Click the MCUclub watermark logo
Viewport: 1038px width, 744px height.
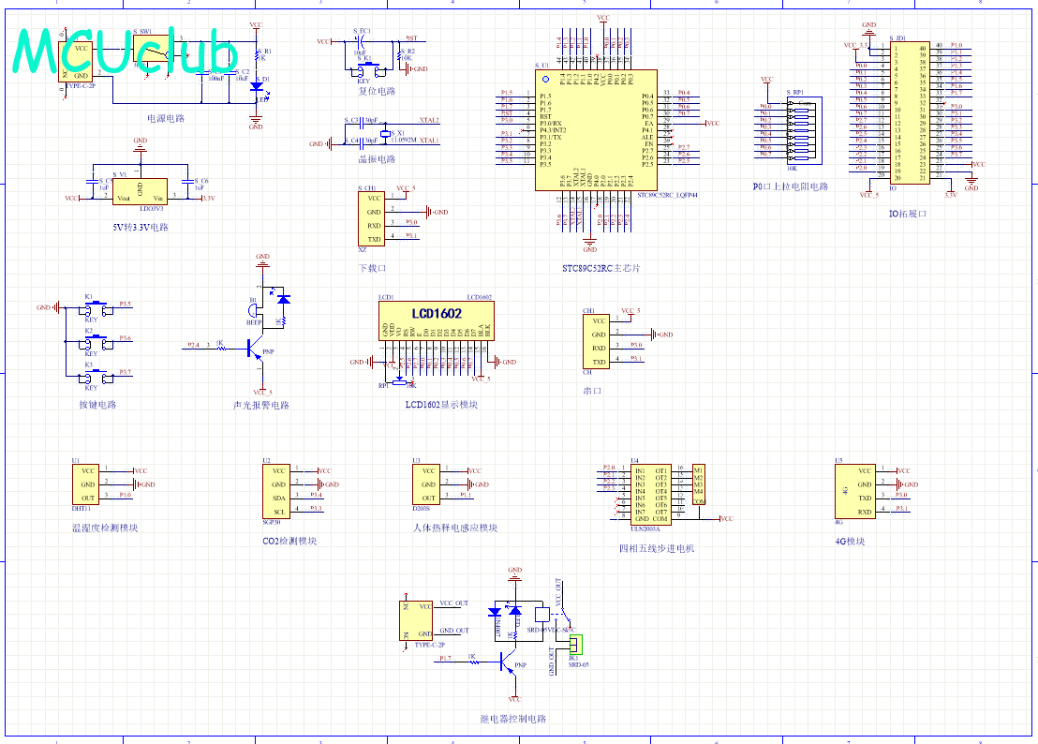point(126,52)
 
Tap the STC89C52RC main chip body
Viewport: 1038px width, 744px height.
point(596,130)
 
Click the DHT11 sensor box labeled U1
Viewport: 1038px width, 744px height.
point(85,484)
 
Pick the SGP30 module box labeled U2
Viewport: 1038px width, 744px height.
point(278,492)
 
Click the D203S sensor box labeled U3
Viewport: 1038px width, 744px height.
point(426,484)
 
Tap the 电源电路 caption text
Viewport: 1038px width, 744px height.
point(166,119)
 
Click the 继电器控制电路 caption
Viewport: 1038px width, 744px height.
point(512,719)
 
